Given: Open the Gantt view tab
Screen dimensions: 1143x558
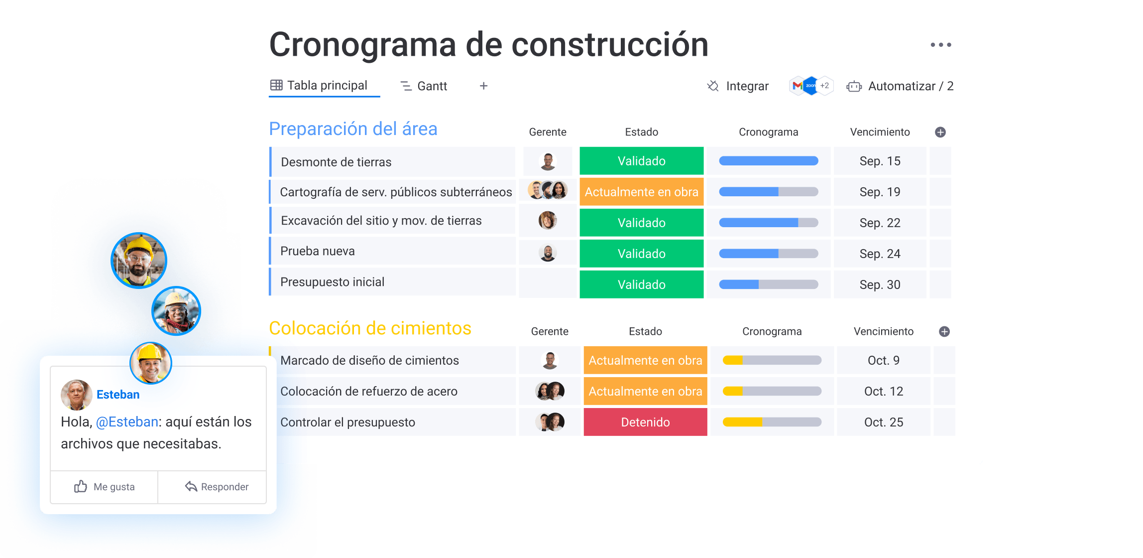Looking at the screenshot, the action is point(424,86).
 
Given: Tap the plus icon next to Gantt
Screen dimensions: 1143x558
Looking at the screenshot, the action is point(483,86).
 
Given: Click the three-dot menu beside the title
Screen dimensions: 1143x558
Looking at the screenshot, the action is point(941,45).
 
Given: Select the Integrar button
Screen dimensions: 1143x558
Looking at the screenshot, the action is point(738,86).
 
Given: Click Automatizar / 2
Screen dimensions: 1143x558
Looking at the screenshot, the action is point(900,86).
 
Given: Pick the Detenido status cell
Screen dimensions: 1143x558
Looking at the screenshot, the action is point(645,422).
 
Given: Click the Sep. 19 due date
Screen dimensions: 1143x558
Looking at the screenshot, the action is point(880,192).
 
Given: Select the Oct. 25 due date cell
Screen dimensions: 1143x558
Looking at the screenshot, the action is point(884,422).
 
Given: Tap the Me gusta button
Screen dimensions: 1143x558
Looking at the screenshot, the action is point(104,487).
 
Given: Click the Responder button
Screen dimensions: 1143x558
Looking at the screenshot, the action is point(217,487).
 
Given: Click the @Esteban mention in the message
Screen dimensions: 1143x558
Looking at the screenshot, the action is point(127,422).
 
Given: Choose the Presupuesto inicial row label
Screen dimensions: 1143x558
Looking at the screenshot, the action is point(332,282).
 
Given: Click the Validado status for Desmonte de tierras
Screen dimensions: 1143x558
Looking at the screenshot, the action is point(641,161).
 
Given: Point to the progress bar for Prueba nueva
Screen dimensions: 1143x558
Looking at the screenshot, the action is point(768,254).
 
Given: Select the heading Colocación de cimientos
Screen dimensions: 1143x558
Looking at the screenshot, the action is point(370,328).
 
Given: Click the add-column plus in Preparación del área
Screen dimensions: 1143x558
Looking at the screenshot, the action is point(940,132).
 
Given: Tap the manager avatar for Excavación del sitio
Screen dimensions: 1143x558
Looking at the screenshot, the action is point(548,220).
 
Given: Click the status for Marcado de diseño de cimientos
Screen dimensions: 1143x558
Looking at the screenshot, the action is point(645,360).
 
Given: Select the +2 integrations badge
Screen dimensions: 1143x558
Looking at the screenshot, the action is point(825,86).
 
